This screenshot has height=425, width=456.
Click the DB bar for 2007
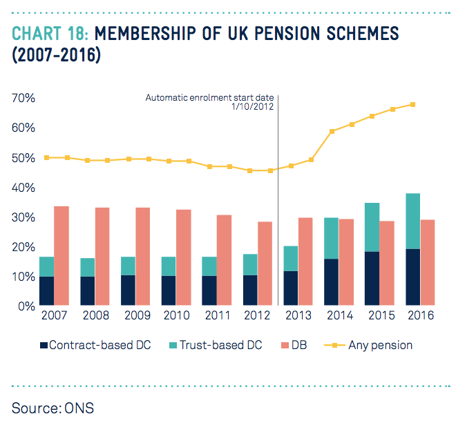click(x=61, y=255)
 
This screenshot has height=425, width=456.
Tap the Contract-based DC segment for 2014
click(x=332, y=281)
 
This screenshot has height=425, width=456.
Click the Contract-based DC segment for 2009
click(x=129, y=290)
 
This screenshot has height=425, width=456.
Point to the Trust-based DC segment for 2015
click(x=372, y=227)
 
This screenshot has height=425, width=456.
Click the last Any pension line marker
click(x=412, y=104)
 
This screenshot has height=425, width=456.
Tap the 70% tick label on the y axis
click(x=23, y=99)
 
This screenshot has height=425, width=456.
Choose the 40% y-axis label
click(x=23, y=188)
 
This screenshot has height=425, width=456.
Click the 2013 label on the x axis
click(x=299, y=316)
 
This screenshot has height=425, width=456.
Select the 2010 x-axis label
click(x=176, y=316)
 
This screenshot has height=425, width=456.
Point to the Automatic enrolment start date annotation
click(x=210, y=103)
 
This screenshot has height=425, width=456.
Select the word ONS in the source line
click(x=77, y=407)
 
